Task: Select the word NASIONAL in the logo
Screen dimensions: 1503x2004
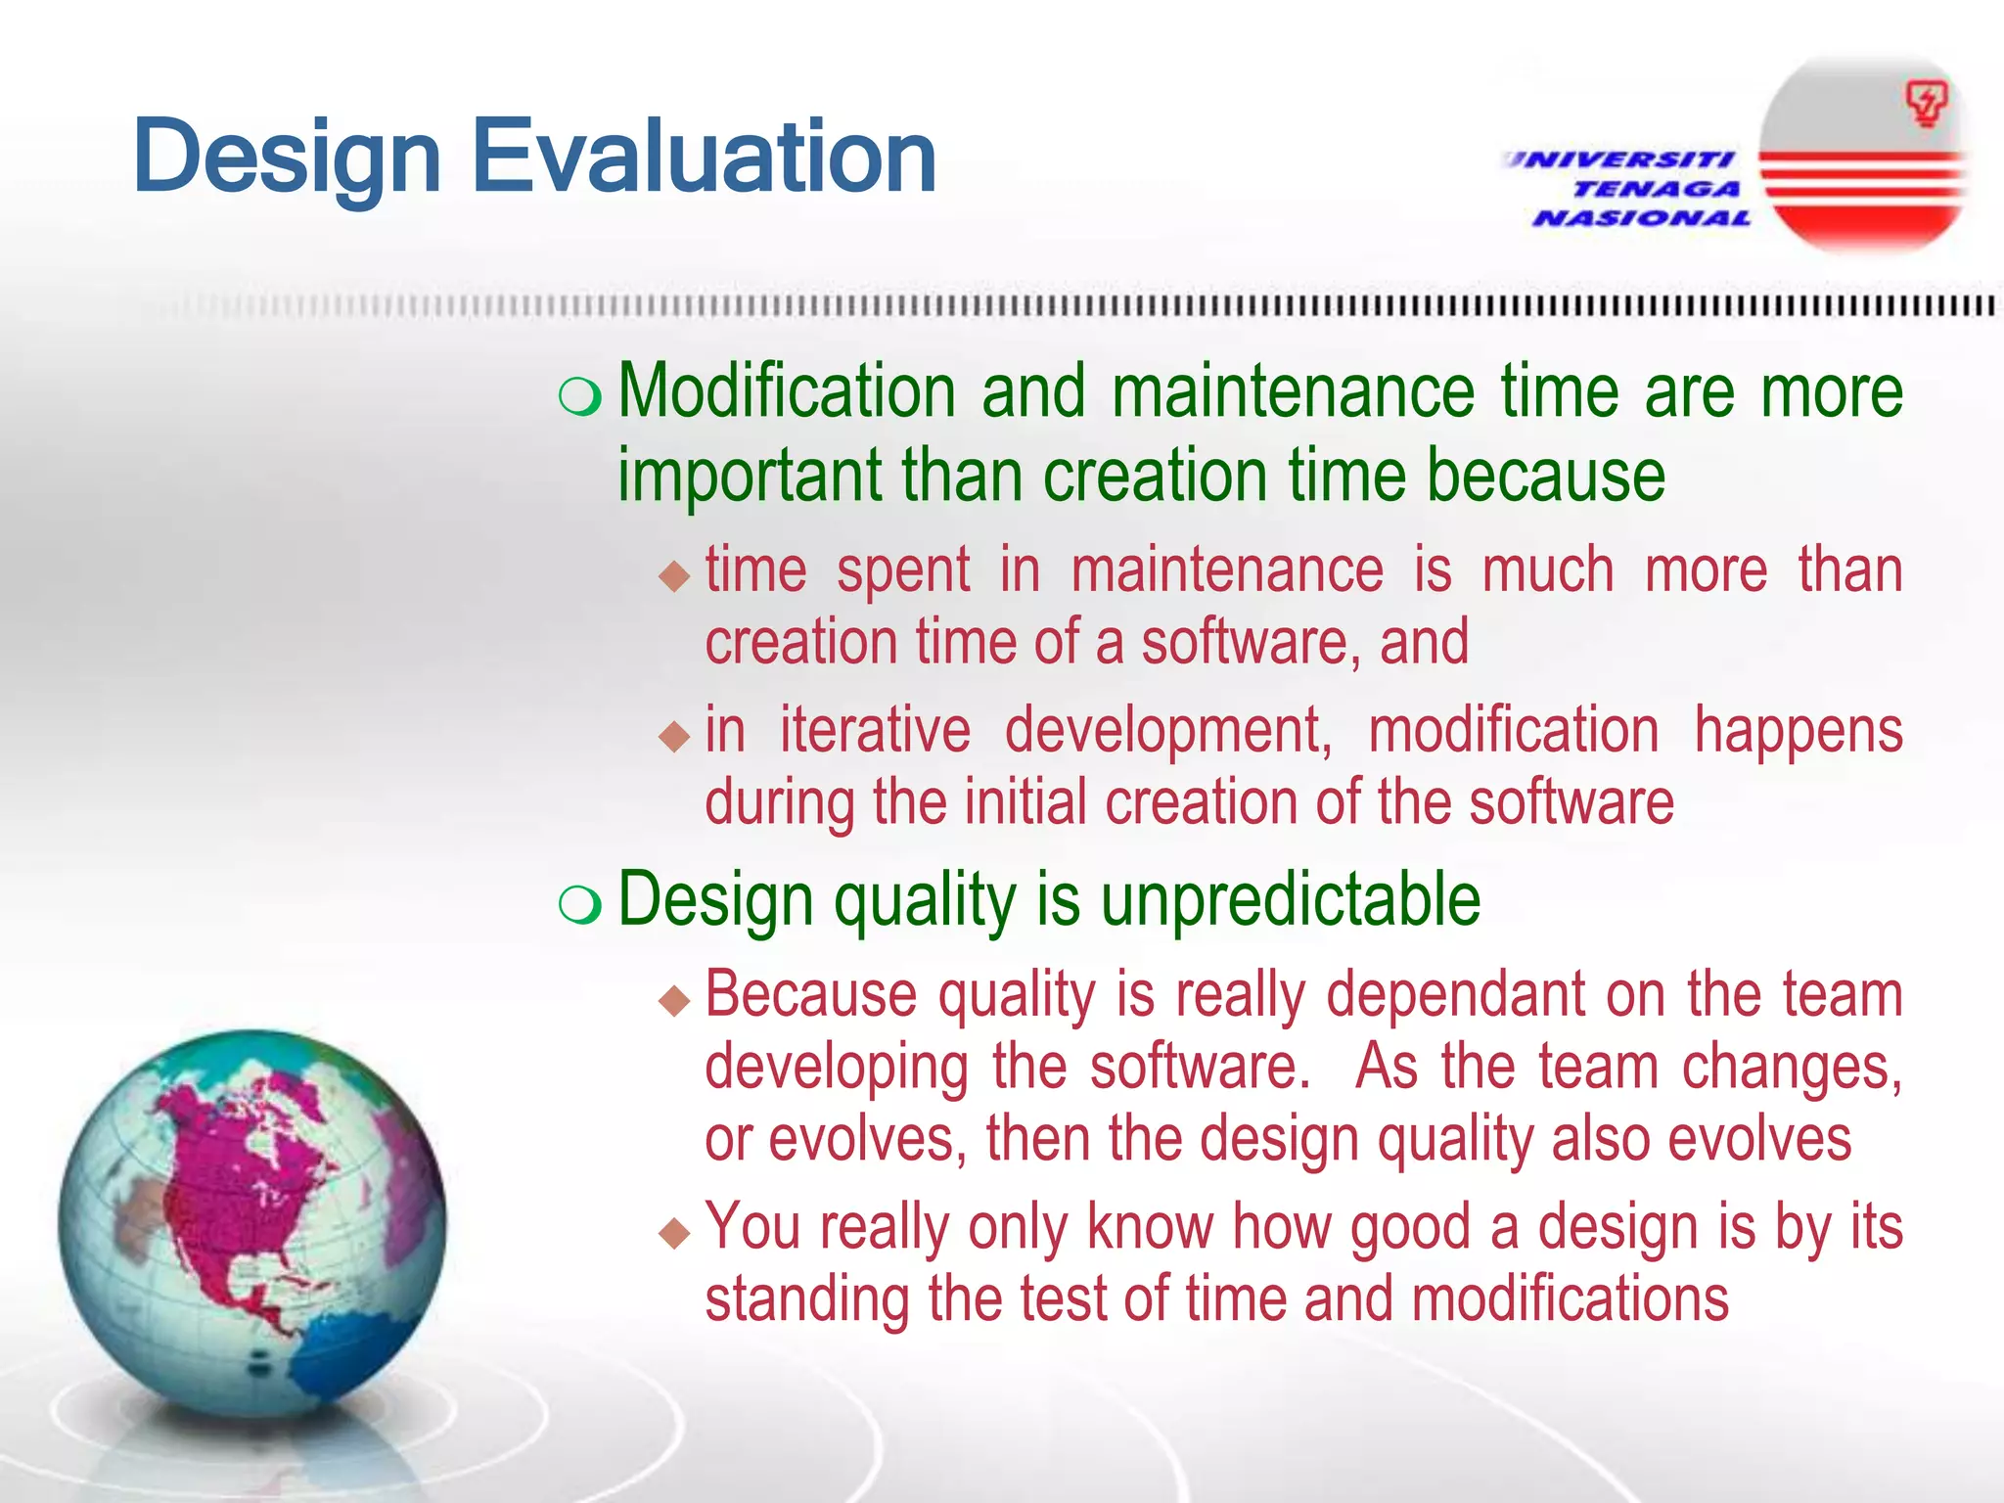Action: click(1642, 218)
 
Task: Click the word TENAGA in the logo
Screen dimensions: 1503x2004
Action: click(1656, 189)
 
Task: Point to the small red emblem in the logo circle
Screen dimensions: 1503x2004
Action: click(1926, 104)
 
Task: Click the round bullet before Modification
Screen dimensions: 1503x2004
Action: click(580, 396)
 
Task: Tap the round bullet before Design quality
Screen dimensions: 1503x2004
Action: click(580, 904)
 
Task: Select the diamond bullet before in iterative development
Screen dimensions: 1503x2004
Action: click(674, 735)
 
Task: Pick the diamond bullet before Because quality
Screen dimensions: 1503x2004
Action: click(674, 1000)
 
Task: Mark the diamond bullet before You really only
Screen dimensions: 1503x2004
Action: click(674, 1232)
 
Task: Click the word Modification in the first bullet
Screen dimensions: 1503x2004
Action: click(787, 391)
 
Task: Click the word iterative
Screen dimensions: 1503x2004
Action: click(875, 730)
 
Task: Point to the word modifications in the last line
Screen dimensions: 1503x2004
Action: click(1570, 1299)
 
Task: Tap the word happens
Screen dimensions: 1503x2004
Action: click(1798, 732)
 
